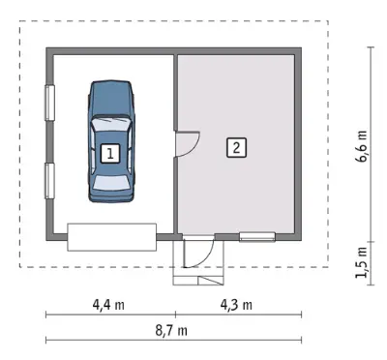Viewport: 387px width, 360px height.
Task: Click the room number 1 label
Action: [x=110, y=154]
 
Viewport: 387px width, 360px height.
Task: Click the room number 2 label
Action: [x=236, y=148]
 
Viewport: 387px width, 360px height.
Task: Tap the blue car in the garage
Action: [x=111, y=141]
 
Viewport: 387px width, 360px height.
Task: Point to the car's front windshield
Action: [x=110, y=124]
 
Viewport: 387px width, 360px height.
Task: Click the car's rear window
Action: [x=111, y=183]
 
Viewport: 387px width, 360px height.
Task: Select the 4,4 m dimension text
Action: [x=108, y=305]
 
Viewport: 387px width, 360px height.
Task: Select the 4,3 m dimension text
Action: [x=236, y=305]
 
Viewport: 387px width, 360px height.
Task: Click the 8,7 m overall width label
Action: [x=171, y=331]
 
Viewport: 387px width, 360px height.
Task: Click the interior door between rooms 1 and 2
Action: [x=187, y=144]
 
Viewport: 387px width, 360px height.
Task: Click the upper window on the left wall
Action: [x=49, y=103]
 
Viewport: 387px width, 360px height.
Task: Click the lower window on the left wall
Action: [x=49, y=181]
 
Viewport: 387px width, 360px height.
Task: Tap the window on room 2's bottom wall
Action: [x=257, y=237]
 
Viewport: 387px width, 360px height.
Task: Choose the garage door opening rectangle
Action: [x=112, y=237]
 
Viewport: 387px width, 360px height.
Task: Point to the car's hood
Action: [x=111, y=99]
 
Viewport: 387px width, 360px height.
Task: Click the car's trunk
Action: [x=111, y=195]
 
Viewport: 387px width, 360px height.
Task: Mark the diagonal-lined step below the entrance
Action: [x=211, y=281]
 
